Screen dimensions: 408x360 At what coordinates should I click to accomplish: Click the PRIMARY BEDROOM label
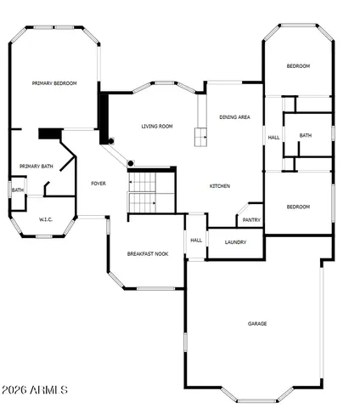pos(54,83)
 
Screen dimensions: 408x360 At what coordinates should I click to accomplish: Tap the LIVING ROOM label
pos(157,127)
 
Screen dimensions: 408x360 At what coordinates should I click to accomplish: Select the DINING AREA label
pos(234,117)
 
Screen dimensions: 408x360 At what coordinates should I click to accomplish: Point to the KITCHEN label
pos(220,186)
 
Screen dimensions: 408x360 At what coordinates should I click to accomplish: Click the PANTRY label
pos(251,220)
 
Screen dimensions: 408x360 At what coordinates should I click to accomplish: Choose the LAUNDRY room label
pos(236,242)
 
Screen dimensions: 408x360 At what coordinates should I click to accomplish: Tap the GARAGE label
pos(257,324)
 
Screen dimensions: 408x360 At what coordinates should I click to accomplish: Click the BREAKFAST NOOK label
pos(147,254)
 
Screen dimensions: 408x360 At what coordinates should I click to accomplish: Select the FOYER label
pos(98,184)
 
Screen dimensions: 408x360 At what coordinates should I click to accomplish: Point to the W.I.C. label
pos(46,220)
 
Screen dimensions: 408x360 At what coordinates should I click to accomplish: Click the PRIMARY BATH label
pos(37,167)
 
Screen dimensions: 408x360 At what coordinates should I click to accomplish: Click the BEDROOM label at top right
pos(297,66)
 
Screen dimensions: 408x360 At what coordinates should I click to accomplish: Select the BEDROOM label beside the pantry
pos(297,207)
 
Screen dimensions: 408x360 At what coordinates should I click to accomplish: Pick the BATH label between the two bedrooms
pos(305,135)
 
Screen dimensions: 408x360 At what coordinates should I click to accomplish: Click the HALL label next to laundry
pos(196,240)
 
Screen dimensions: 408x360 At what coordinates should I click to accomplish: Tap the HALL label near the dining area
pos(273,138)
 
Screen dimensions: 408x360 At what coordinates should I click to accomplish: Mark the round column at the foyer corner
pos(131,163)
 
